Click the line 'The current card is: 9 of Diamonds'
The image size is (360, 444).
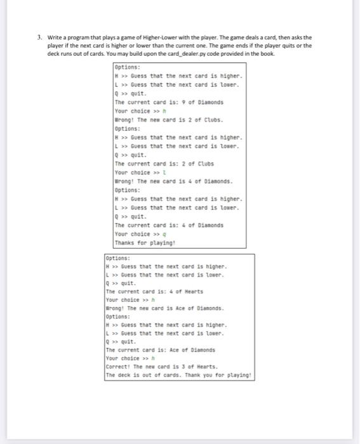tap(161, 102)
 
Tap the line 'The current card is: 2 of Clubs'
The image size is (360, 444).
tap(156, 164)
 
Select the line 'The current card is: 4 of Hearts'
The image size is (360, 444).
tap(154, 291)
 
